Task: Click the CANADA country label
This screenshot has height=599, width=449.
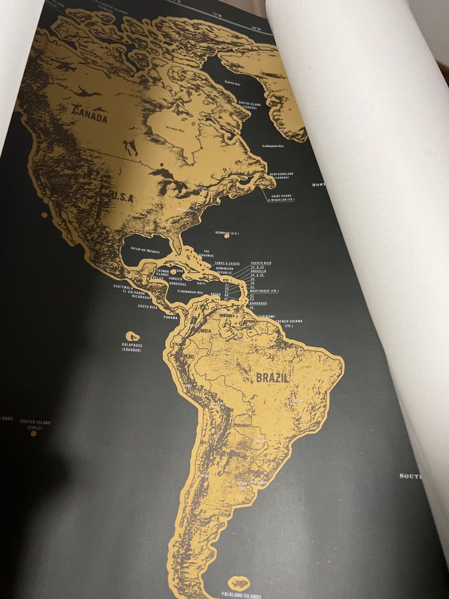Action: click(91, 115)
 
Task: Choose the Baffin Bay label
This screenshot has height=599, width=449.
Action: click(232, 84)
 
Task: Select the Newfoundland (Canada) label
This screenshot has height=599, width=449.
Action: click(282, 176)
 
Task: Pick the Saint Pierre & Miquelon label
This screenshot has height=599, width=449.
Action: click(283, 198)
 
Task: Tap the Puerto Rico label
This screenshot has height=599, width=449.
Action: click(261, 263)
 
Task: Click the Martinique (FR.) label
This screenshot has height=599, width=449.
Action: click(264, 291)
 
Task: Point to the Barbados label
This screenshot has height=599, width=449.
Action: click(258, 303)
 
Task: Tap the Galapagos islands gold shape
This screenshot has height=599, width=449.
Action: click(132, 336)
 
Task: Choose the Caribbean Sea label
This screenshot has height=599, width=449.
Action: click(190, 292)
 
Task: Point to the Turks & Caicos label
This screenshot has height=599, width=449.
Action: click(227, 263)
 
